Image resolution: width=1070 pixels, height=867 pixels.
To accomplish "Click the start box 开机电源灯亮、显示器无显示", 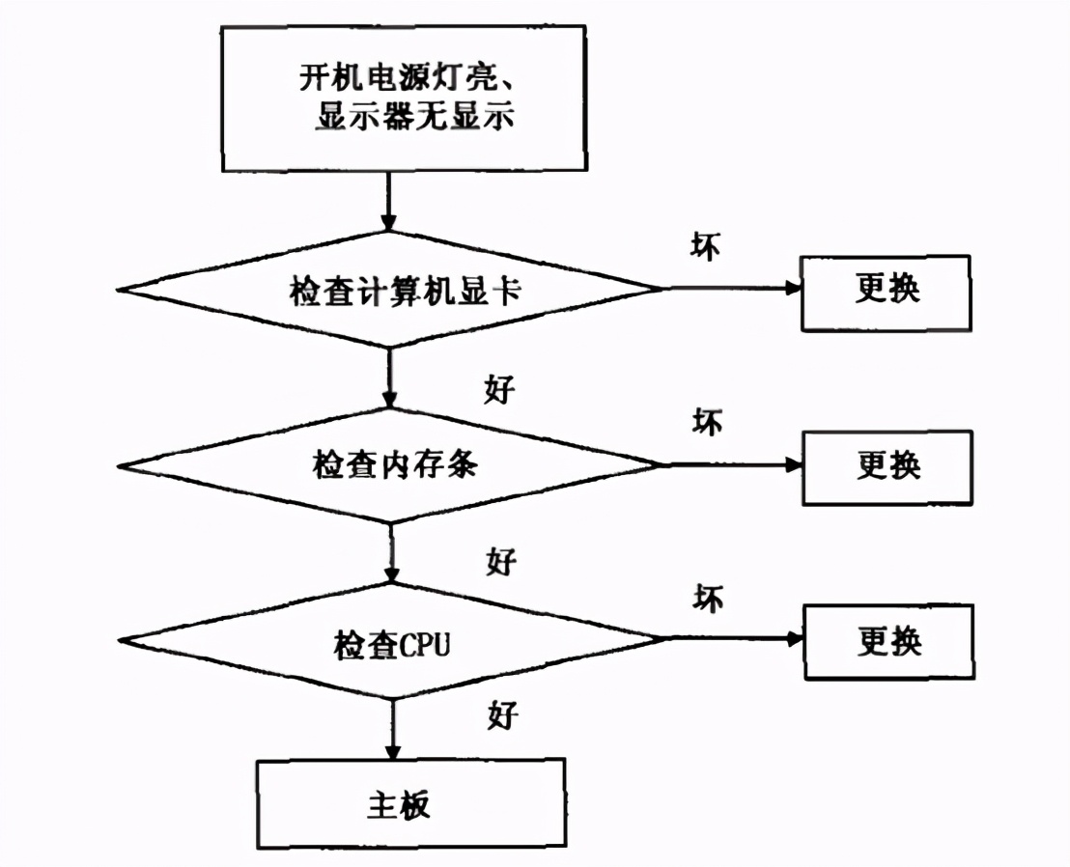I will [404, 98].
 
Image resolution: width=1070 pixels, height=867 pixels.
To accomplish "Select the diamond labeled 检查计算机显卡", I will [390, 290].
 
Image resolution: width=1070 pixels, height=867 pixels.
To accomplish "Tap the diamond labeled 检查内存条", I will [390, 465].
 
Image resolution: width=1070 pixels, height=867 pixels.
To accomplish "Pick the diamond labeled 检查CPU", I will [390, 641].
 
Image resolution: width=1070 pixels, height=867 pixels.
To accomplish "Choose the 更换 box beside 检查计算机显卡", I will [887, 291].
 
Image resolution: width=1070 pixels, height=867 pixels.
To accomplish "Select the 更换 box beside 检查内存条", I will [887, 466].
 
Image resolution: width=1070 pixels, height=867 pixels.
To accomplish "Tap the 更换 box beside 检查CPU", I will [887, 641].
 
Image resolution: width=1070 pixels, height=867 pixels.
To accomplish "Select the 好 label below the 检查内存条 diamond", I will [501, 561].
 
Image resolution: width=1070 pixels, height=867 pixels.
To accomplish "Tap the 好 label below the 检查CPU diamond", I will [501, 715].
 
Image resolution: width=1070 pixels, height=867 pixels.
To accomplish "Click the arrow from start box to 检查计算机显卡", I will [389, 202].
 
